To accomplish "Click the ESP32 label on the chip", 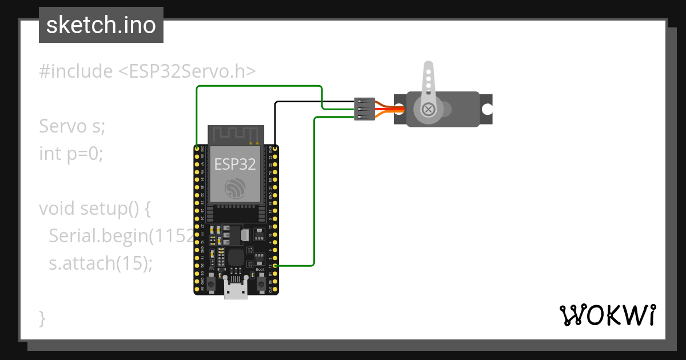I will (x=235, y=165).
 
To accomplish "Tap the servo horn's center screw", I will (x=427, y=109).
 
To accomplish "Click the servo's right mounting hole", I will (x=486, y=109).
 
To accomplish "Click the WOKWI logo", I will (x=607, y=315).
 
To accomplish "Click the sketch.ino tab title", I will (x=101, y=25).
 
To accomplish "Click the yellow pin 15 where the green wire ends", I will (x=276, y=266).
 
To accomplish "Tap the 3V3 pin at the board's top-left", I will (x=197, y=149).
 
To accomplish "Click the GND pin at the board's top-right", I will (x=276, y=149).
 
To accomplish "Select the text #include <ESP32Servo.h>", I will (x=147, y=71).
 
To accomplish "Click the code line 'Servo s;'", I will (x=72, y=126).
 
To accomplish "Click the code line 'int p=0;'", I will (x=71, y=154).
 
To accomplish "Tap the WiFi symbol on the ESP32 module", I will (x=235, y=189).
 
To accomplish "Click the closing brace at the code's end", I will (x=42, y=318).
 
